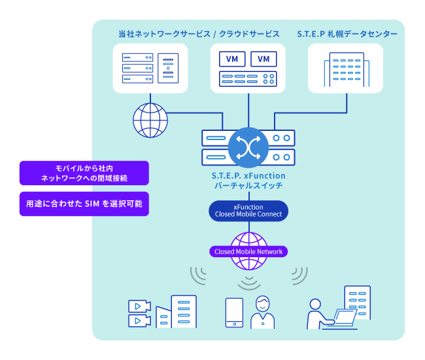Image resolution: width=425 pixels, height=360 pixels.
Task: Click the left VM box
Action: (x=232, y=59)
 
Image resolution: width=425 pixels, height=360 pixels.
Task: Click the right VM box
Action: (x=263, y=59)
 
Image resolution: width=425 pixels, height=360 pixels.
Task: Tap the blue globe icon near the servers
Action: (x=150, y=120)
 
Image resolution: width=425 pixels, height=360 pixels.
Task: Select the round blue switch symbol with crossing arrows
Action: (x=248, y=147)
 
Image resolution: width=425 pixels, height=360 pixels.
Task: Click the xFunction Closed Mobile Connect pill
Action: (x=248, y=211)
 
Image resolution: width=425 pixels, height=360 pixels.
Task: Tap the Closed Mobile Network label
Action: (x=248, y=251)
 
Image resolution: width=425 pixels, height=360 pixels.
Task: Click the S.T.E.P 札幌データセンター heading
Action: (x=347, y=34)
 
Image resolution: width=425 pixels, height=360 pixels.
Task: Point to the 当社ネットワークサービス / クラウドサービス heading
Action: (x=199, y=34)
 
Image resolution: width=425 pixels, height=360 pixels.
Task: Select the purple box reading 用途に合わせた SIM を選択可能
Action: (x=84, y=204)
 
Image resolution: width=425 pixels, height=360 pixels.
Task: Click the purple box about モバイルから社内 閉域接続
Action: (x=84, y=173)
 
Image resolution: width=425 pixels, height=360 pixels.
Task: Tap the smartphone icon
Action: (x=235, y=312)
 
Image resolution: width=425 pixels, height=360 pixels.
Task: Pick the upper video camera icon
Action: (x=139, y=306)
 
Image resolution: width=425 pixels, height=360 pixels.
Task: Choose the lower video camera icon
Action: (x=139, y=321)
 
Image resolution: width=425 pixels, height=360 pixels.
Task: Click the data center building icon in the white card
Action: (x=347, y=70)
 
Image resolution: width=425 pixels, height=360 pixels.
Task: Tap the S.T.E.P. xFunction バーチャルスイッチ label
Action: (x=248, y=181)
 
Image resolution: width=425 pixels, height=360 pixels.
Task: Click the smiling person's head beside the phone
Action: (x=263, y=303)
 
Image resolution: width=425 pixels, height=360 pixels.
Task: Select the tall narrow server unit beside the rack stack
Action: (x=168, y=68)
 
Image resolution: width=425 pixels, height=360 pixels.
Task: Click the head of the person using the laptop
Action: (x=315, y=304)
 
